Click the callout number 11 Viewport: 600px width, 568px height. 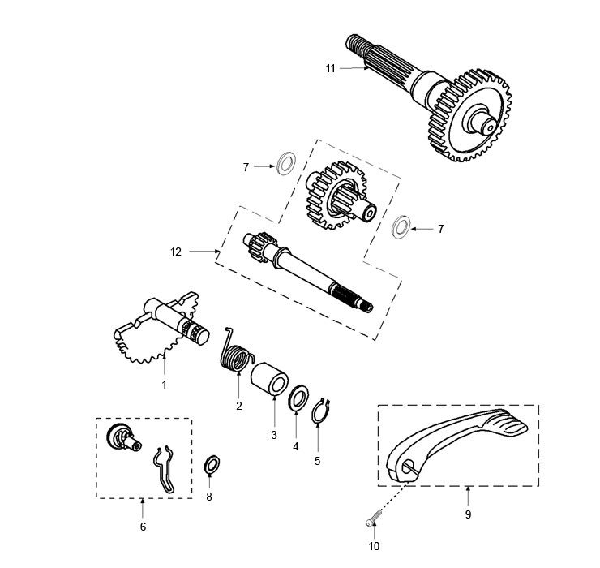click(x=330, y=69)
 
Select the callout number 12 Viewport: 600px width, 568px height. click(x=176, y=252)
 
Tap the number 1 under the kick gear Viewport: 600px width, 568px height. click(x=164, y=385)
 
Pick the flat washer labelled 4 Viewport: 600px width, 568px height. click(x=298, y=400)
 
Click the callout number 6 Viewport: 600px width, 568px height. click(x=143, y=527)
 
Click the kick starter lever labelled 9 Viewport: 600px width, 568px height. click(x=458, y=443)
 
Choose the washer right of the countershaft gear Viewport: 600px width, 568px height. click(x=400, y=226)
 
